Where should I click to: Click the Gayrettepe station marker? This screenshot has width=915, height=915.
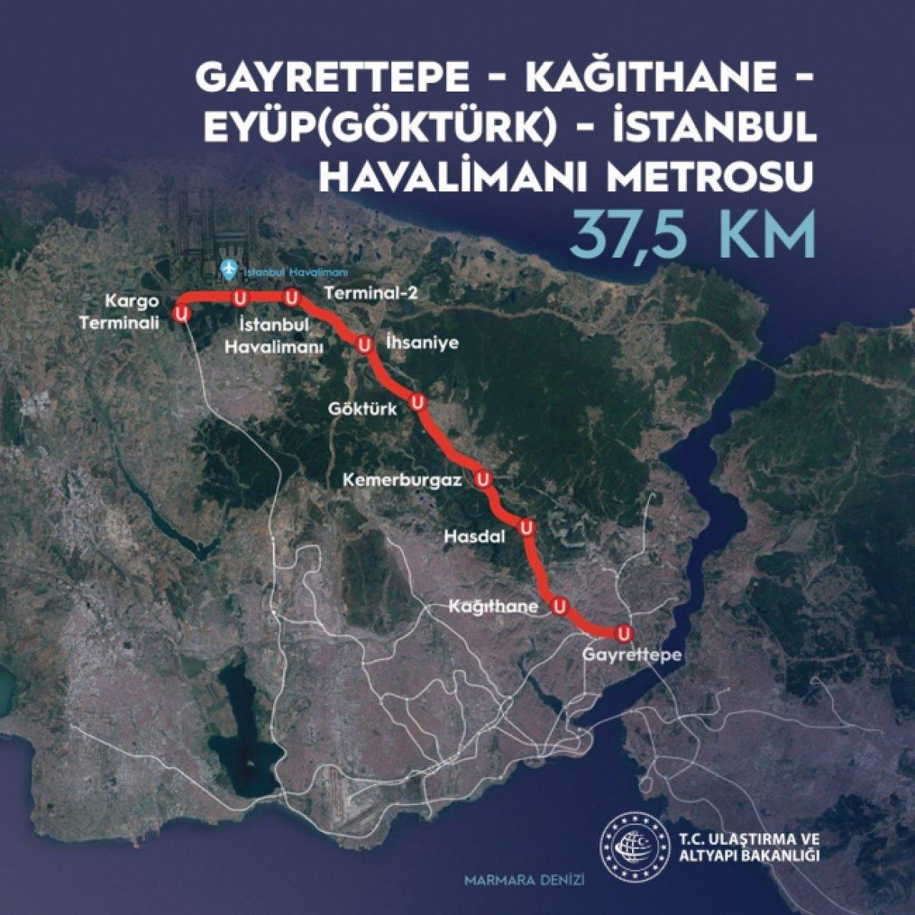(624, 633)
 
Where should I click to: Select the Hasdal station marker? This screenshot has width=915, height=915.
(525, 527)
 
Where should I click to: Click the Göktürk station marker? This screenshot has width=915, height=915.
(416, 402)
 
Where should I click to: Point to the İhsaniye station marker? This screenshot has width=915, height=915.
(364, 345)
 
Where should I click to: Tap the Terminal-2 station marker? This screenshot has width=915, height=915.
(291, 296)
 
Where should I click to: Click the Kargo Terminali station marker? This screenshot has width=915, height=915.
(181, 313)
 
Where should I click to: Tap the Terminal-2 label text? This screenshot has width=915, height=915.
(372, 293)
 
